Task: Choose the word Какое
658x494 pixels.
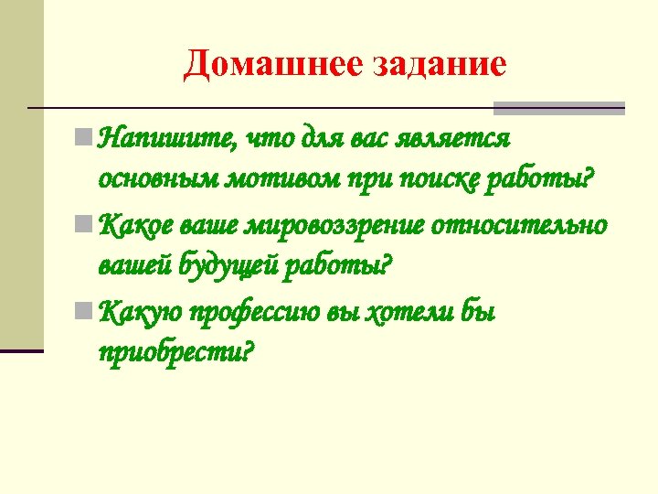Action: coord(135,224)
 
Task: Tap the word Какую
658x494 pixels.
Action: coord(137,311)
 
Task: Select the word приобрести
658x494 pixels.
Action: coord(174,352)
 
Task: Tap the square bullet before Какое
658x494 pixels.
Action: coord(84,223)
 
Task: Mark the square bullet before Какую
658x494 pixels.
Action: coord(84,310)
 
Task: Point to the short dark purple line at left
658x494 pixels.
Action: coord(22,350)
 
